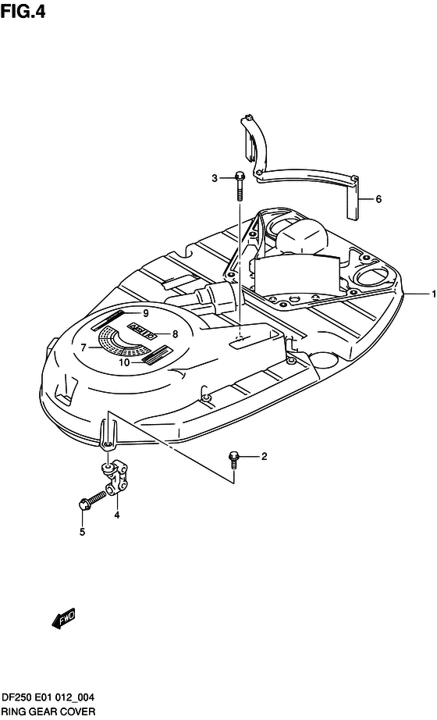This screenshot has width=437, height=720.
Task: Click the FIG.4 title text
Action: point(23,11)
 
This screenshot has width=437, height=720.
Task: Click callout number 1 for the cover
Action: point(432,294)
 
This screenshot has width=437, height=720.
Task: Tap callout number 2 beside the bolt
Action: point(264,456)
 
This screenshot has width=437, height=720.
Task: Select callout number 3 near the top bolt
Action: point(215,178)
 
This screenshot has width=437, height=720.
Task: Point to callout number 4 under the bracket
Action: point(117,515)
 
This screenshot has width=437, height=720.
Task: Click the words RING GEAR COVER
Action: point(48,711)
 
